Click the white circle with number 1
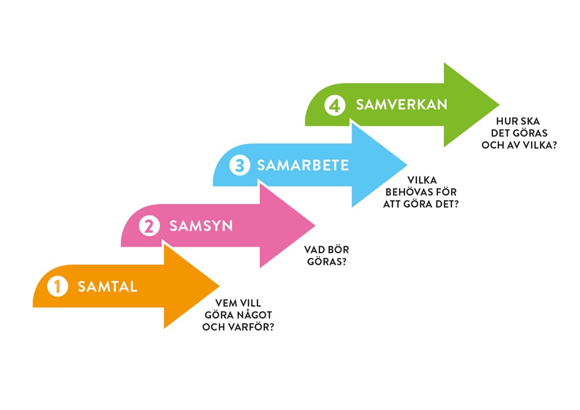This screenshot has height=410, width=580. (x=57, y=286)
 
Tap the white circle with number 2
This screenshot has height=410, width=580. (x=149, y=226)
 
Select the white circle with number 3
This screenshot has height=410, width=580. (x=239, y=166)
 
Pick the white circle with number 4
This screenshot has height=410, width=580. (x=335, y=106)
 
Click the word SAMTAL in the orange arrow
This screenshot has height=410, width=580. (x=107, y=286)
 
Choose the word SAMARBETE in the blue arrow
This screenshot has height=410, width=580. (x=303, y=166)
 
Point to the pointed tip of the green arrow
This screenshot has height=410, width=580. (x=498, y=105)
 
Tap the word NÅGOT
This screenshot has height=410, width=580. (x=257, y=314)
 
